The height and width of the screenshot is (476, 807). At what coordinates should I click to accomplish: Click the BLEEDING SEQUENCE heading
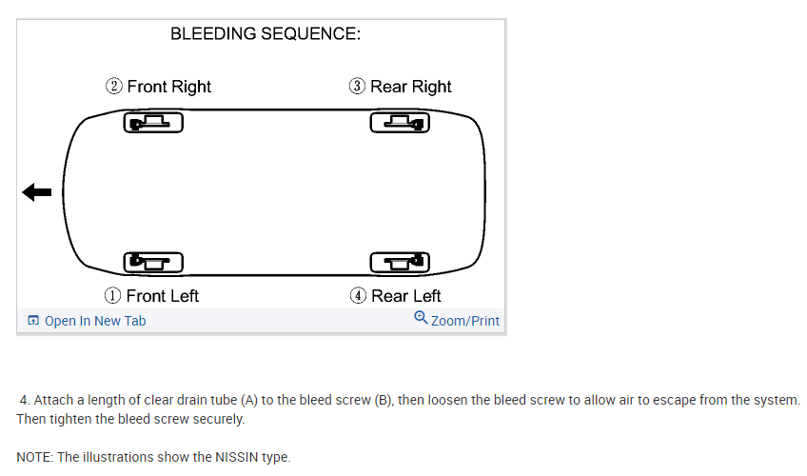266,34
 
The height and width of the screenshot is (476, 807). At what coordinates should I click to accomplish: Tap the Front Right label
169,87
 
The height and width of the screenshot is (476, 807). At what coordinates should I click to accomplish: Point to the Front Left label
163,296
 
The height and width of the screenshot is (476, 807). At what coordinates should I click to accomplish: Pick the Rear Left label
406,296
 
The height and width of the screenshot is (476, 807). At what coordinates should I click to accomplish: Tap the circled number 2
114,87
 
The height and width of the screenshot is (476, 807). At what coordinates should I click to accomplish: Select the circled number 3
357,87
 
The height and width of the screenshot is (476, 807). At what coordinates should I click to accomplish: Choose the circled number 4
358,296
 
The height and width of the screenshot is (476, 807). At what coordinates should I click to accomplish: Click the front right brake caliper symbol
153,123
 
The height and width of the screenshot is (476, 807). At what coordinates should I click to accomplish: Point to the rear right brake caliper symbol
400,123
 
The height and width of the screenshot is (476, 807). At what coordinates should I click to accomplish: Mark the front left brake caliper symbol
153,261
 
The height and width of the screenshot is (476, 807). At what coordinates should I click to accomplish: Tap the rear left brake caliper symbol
400,261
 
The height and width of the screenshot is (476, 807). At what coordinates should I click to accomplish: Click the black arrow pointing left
37,192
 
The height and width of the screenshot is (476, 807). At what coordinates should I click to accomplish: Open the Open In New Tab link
94,321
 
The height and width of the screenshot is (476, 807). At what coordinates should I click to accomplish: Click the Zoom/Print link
465,321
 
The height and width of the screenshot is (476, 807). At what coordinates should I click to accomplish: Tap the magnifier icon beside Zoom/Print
421,318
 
